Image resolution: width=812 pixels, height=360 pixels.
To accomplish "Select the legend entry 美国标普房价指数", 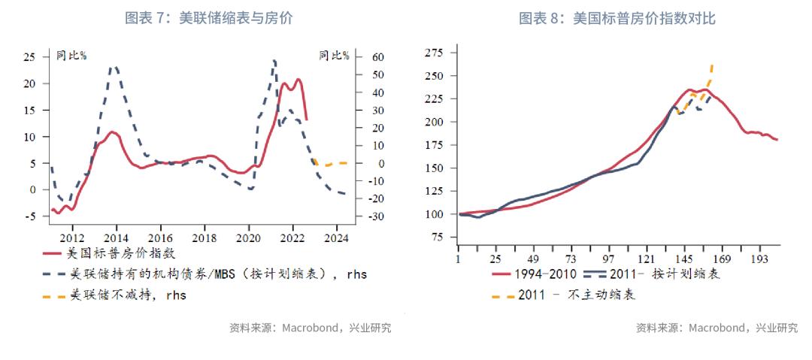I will [120, 253].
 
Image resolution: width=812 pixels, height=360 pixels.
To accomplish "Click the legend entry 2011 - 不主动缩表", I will [576, 295].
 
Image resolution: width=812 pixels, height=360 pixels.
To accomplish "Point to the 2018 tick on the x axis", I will [205, 239].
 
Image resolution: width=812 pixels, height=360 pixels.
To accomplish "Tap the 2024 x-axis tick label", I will [337, 239].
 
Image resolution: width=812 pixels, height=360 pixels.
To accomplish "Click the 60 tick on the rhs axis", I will [358, 57].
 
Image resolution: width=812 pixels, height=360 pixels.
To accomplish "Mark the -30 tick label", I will [356, 217].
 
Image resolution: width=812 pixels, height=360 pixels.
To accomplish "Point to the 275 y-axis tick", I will [435, 52].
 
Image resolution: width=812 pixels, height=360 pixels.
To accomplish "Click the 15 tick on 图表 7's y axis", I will [29, 110].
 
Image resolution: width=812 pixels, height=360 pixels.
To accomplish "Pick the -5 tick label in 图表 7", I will [29, 217].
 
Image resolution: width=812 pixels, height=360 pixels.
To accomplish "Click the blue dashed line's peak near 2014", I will [114, 67].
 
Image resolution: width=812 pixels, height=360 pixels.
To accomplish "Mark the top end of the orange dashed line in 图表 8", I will [712, 65].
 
